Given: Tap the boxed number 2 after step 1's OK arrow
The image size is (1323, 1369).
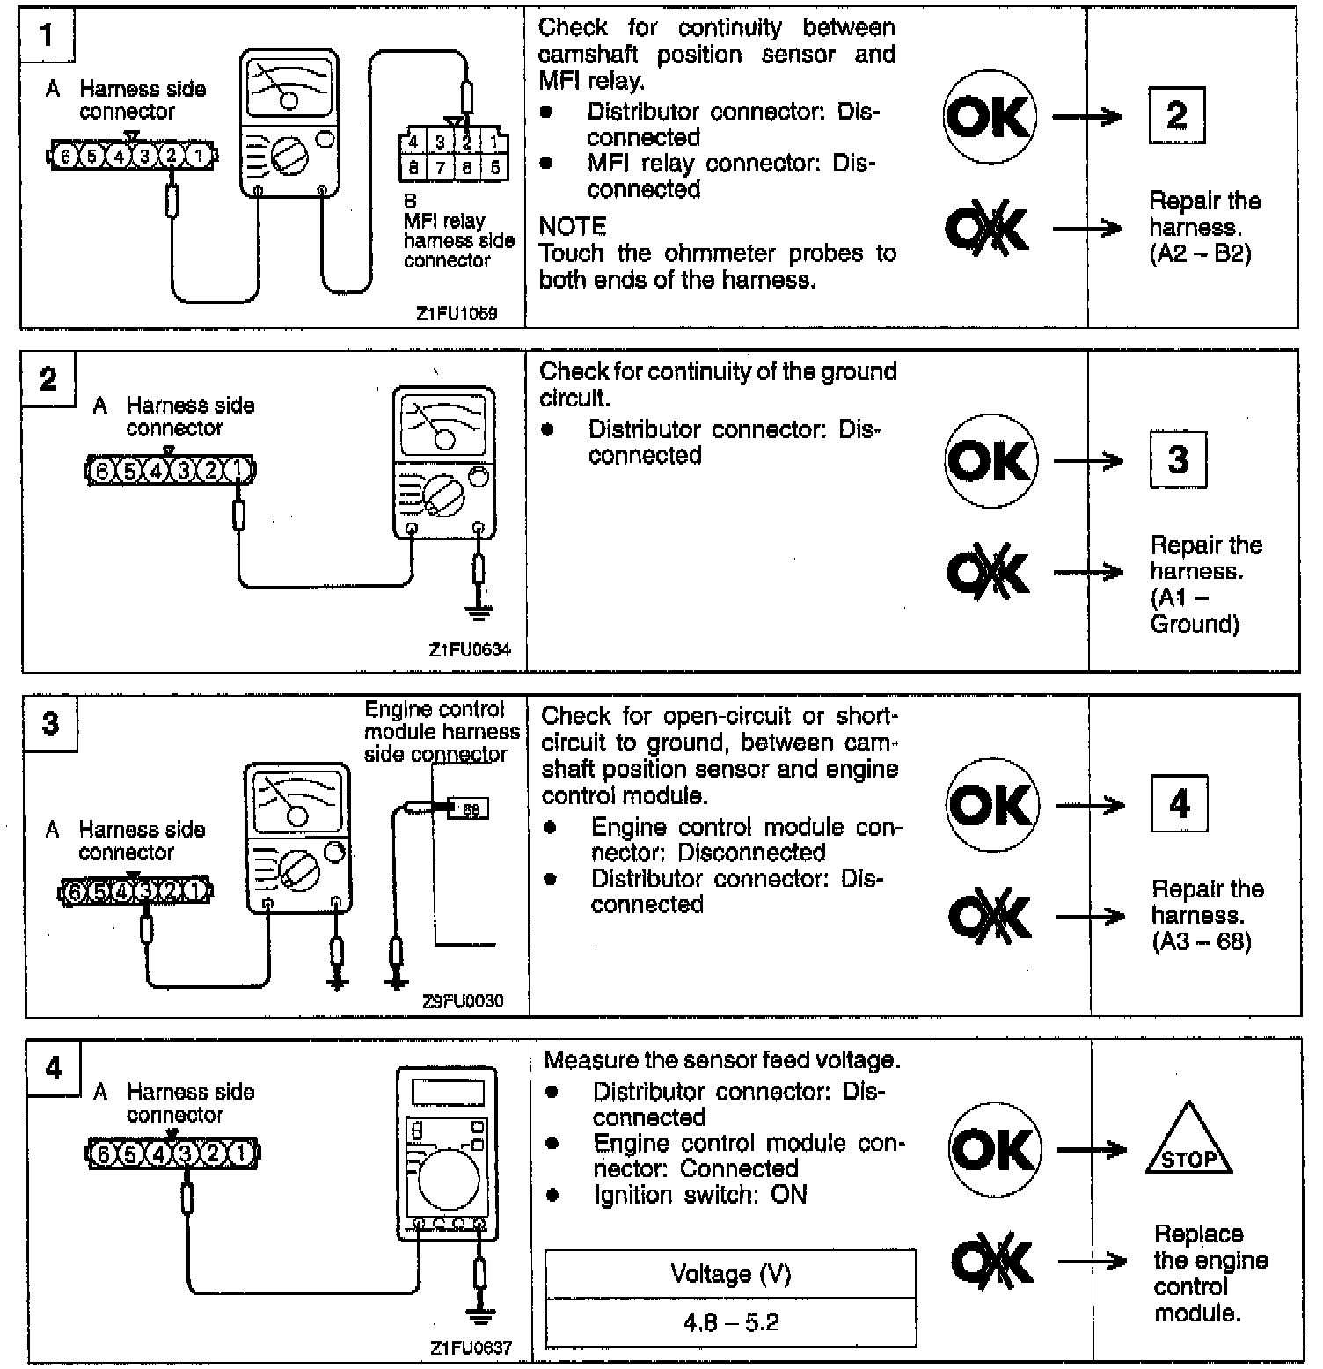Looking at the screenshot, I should [x=1176, y=115].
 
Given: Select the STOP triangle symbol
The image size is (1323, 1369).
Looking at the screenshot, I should [x=1188, y=1142].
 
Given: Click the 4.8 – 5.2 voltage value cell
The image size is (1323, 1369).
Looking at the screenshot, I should [x=730, y=1322].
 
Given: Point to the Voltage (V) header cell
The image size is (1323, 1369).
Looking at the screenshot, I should [x=730, y=1273].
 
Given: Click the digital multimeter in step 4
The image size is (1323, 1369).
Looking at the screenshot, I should [x=446, y=1153].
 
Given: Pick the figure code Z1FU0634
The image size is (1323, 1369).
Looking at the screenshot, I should [x=469, y=650].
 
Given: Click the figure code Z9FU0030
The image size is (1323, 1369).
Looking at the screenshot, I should [x=463, y=1000].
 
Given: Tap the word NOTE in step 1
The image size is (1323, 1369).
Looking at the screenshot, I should [x=573, y=227].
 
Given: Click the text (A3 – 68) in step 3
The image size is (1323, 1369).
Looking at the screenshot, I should [x=1202, y=941].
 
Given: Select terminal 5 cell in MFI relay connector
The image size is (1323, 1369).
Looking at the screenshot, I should [x=495, y=167].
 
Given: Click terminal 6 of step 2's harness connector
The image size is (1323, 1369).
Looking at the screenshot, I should [x=102, y=471].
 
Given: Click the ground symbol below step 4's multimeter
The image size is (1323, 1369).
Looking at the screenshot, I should [x=479, y=1316].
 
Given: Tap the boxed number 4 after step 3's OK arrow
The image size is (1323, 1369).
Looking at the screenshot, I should [x=1179, y=804].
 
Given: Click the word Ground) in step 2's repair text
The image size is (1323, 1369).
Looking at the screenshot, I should [x=1195, y=624].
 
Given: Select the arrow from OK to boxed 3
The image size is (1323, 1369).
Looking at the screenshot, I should [x=1088, y=461].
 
